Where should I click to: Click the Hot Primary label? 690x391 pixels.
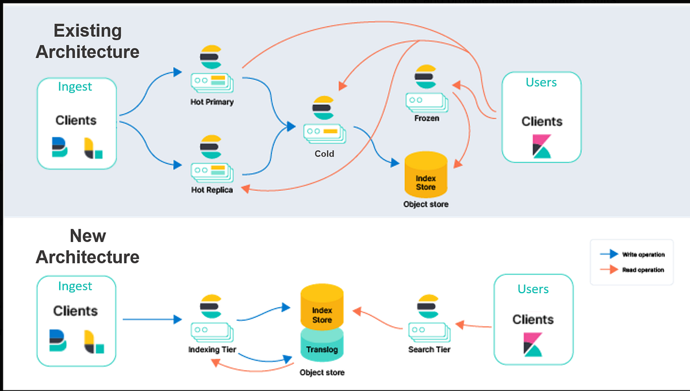coord(212,102)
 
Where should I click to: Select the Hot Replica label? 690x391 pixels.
coord(212,189)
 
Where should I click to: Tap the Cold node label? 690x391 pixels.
coord(324,154)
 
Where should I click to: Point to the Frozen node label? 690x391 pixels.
coord(426,118)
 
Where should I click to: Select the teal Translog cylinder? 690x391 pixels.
coord(322,346)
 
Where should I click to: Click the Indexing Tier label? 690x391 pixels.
coord(212,350)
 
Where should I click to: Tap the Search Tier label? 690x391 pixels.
coord(429,350)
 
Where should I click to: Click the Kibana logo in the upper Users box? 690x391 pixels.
coord(541,147)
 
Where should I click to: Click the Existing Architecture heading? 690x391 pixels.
coord(87,41)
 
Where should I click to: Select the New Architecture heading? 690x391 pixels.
coord(87,246)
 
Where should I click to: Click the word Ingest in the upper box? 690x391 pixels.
coord(75,87)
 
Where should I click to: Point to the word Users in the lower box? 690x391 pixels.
coord(533,289)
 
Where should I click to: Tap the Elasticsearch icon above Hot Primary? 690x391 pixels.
coord(211,57)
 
